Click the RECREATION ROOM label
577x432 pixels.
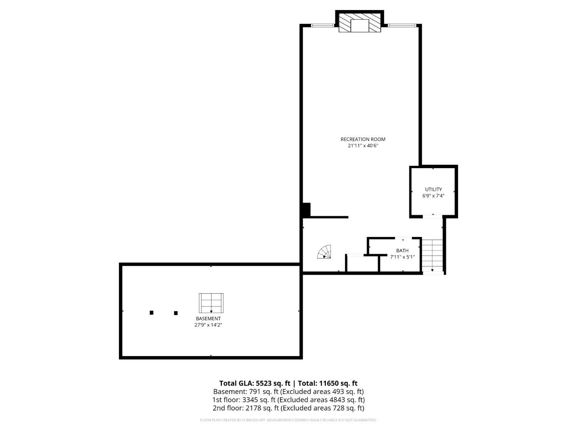click(363, 139)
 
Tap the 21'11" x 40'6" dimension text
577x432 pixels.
click(363, 146)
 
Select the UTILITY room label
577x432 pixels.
click(434, 189)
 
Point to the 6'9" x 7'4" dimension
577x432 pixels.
click(434, 196)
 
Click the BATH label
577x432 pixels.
click(402, 251)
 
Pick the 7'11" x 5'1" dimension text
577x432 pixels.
click(402, 257)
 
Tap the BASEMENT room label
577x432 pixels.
click(208, 319)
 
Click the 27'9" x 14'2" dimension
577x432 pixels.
click(208, 325)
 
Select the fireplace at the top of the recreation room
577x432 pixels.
click(360, 23)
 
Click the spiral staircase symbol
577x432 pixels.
click(324, 252)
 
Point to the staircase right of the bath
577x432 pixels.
click(432, 255)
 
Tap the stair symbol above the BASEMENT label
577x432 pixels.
click(211, 303)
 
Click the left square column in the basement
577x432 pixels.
click(152, 313)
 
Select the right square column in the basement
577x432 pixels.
click(176, 313)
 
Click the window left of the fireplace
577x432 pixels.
click(322, 25)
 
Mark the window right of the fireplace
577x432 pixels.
click(402, 25)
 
